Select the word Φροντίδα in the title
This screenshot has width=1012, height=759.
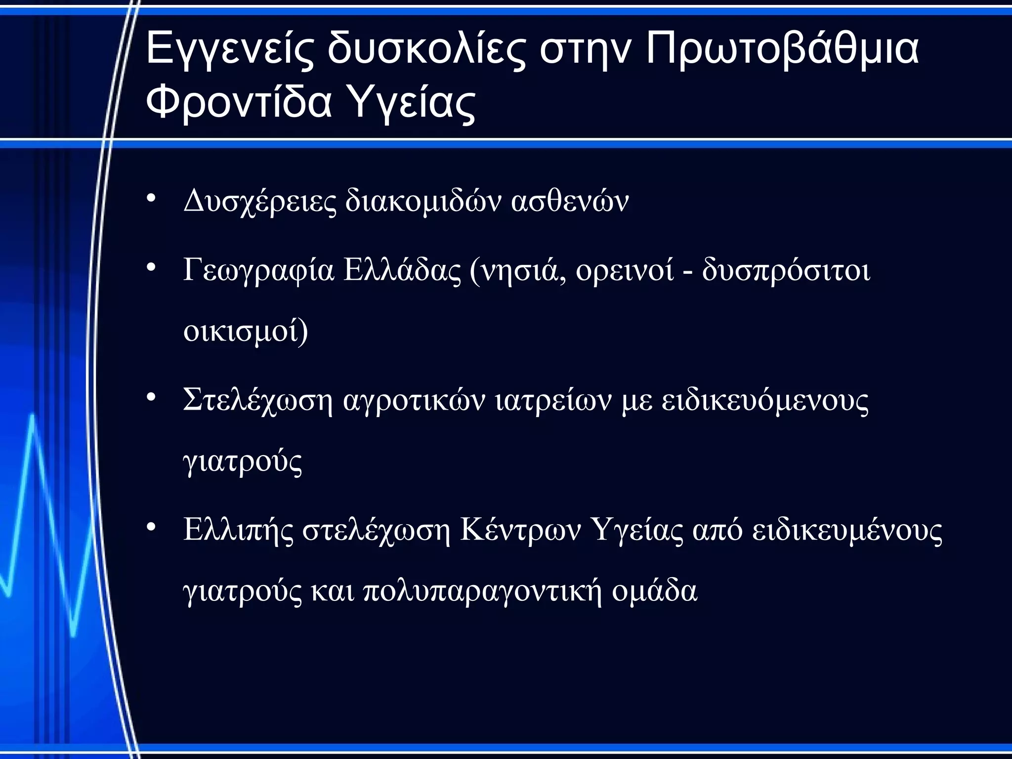pyautogui.click(x=238, y=103)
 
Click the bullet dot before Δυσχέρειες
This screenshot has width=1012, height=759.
pyautogui.click(x=151, y=199)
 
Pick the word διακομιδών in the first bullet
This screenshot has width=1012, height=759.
pyautogui.click(x=423, y=201)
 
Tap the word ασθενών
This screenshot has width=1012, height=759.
pyautogui.click(x=570, y=201)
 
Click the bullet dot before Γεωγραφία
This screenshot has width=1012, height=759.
pyautogui.click(x=151, y=267)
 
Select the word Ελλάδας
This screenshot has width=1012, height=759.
pyautogui.click(x=402, y=271)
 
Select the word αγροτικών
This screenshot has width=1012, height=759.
pyautogui.click(x=414, y=400)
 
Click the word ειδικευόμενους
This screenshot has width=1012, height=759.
pyautogui.click(x=765, y=401)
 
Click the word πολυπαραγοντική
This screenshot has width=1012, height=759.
pyautogui.click(x=483, y=591)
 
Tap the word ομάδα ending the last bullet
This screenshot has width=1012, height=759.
pyautogui.click(x=655, y=591)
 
